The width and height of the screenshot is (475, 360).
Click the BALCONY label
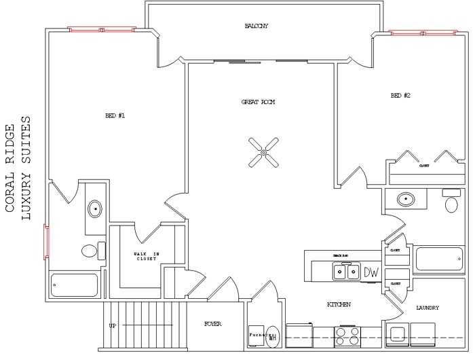click(x=257, y=26)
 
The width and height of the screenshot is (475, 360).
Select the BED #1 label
click(x=115, y=115)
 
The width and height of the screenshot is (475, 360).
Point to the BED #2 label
click(x=400, y=96)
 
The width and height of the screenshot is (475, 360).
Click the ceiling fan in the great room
click(x=263, y=152)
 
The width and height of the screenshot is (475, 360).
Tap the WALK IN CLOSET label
click(x=146, y=257)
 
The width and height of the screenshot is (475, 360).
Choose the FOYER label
click(x=212, y=325)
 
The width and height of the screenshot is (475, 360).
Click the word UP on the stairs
click(x=113, y=326)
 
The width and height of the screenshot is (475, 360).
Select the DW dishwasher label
click(x=370, y=272)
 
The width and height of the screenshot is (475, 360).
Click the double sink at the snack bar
click(x=347, y=272)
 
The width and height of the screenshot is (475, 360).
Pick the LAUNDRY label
click(x=427, y=308)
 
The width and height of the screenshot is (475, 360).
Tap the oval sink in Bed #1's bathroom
click(x=94, y=209)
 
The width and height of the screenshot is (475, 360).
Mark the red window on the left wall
click(x=46, y=241)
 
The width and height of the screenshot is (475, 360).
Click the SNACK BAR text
click(x=341, y=255)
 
